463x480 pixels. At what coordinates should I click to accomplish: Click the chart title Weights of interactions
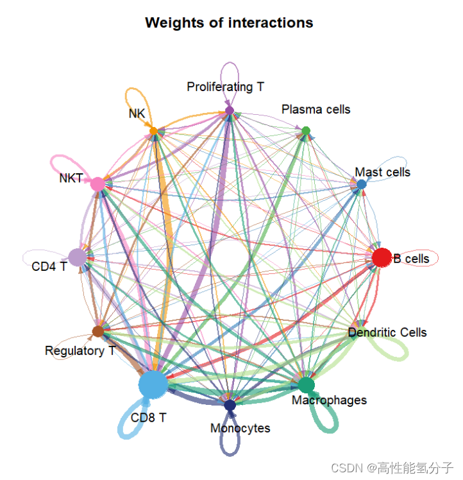(229, 22)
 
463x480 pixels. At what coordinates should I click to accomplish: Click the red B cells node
(382, 257)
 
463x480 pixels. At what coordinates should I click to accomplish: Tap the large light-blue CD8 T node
(153, 384)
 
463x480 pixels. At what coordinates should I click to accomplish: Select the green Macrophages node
(307, 385)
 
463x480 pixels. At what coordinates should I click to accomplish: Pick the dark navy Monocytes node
(230, 405)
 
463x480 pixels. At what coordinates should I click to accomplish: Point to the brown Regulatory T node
(98, 331)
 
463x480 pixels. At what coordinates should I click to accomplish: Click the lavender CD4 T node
(78, 257)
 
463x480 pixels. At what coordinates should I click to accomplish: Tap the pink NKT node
(97, 184)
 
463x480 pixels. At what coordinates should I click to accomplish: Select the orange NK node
(153, 131)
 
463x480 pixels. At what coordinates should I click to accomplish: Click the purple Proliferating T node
(230, 110)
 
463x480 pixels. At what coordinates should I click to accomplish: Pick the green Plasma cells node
(306, 131)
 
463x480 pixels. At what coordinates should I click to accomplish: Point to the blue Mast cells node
(362, 184)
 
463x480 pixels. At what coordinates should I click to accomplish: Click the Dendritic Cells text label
(387, 332)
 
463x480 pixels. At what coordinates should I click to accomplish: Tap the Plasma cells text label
(316, 109)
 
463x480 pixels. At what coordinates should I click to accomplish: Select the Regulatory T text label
(80, 350)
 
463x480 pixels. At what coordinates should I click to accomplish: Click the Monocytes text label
(240, 428)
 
